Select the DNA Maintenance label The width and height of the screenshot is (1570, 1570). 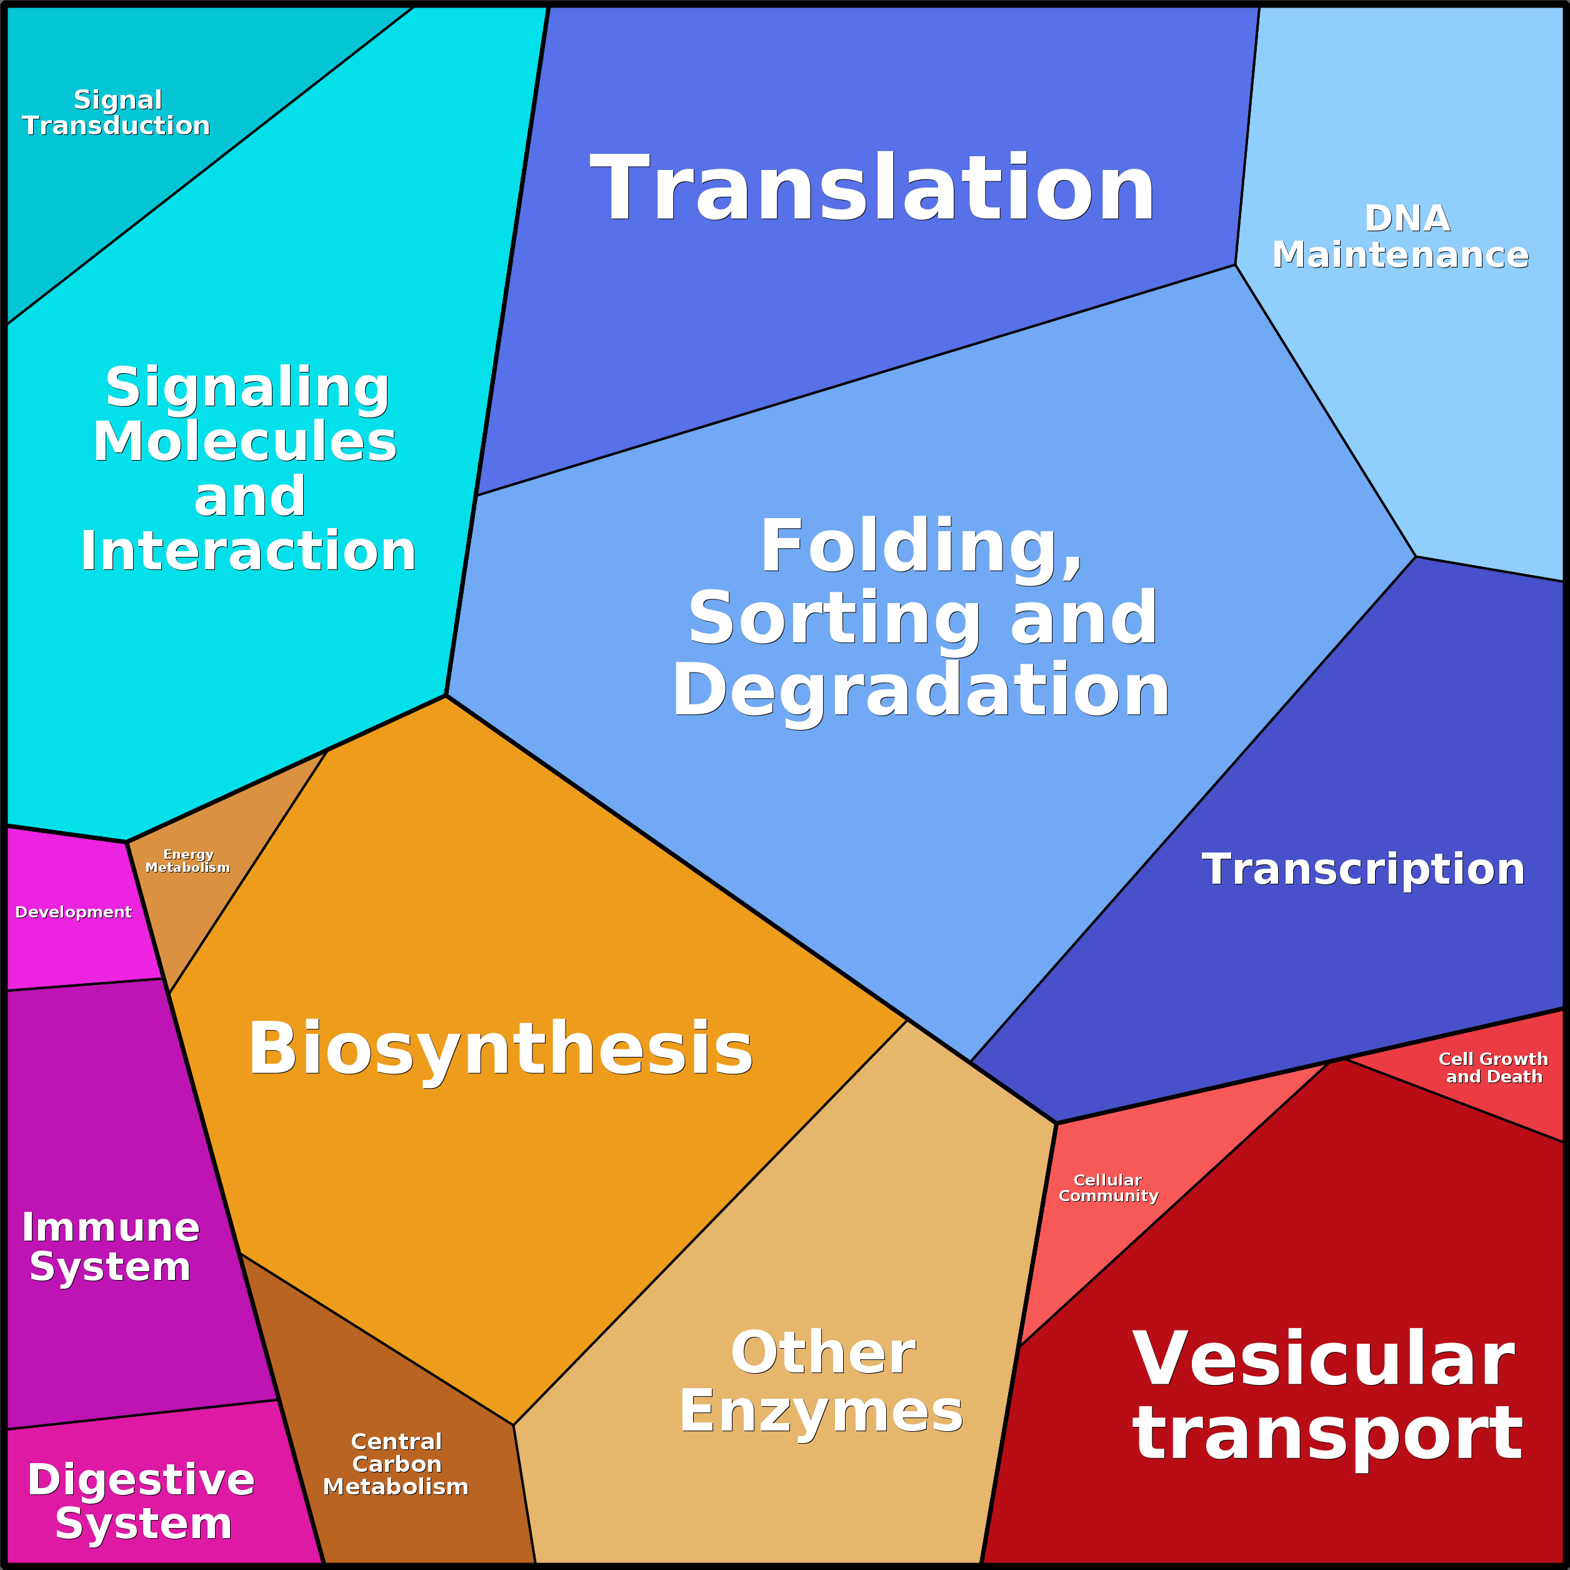pyautogui.click(x=1400, y=236)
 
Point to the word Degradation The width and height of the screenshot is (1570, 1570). pyautogui.click(x=920, y=690)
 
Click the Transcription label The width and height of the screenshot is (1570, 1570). pyautogui.click(x=1362, y=869)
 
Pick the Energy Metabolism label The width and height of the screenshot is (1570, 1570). pyautogui.click(x=187, y=861)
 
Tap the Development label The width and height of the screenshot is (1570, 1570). pyautogui.click(x=73, y=912)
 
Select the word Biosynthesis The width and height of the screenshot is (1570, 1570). pyautogui.click(x=501, y=1050)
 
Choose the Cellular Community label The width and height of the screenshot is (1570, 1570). pyautogui.click(x=1108, y=1187)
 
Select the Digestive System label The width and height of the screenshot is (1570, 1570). pyautogui.click(x=141, y=1502)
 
